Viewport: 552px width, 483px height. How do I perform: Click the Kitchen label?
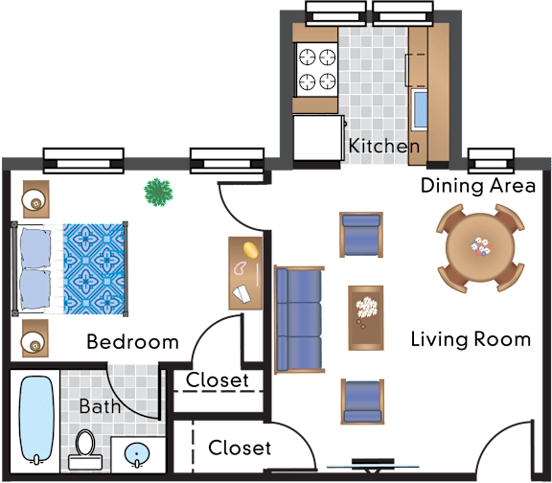click(384, 146)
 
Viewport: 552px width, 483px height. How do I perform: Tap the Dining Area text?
click(478, 186)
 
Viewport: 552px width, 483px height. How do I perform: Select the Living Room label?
click(471, 339)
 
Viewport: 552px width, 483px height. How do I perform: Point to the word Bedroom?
click(132, 342)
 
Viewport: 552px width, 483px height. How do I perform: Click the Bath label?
click(100, 406)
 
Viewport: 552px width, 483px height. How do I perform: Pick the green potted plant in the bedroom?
click(158, 193)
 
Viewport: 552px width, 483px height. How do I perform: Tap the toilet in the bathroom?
click(85, 449)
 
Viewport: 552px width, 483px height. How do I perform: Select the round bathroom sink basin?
click(137, 454)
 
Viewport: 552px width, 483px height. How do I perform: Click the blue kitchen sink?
click(421, 109)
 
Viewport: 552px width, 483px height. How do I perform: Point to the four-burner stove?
click(317, 70)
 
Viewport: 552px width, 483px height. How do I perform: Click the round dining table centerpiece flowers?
click(482, 246)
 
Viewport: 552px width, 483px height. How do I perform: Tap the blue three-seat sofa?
click(299, 320)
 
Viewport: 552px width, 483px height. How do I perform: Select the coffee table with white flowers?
click(366, 318)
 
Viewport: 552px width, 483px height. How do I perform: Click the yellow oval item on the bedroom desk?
click(250, 249)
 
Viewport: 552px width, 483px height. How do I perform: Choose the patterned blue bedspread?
click(94, 268)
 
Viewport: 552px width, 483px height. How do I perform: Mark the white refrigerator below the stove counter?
click(319, 138)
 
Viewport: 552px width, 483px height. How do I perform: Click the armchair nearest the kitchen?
click(361, 235)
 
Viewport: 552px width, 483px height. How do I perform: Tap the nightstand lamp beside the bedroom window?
click(34, 200)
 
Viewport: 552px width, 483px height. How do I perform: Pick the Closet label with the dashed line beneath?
click(218, 380)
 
